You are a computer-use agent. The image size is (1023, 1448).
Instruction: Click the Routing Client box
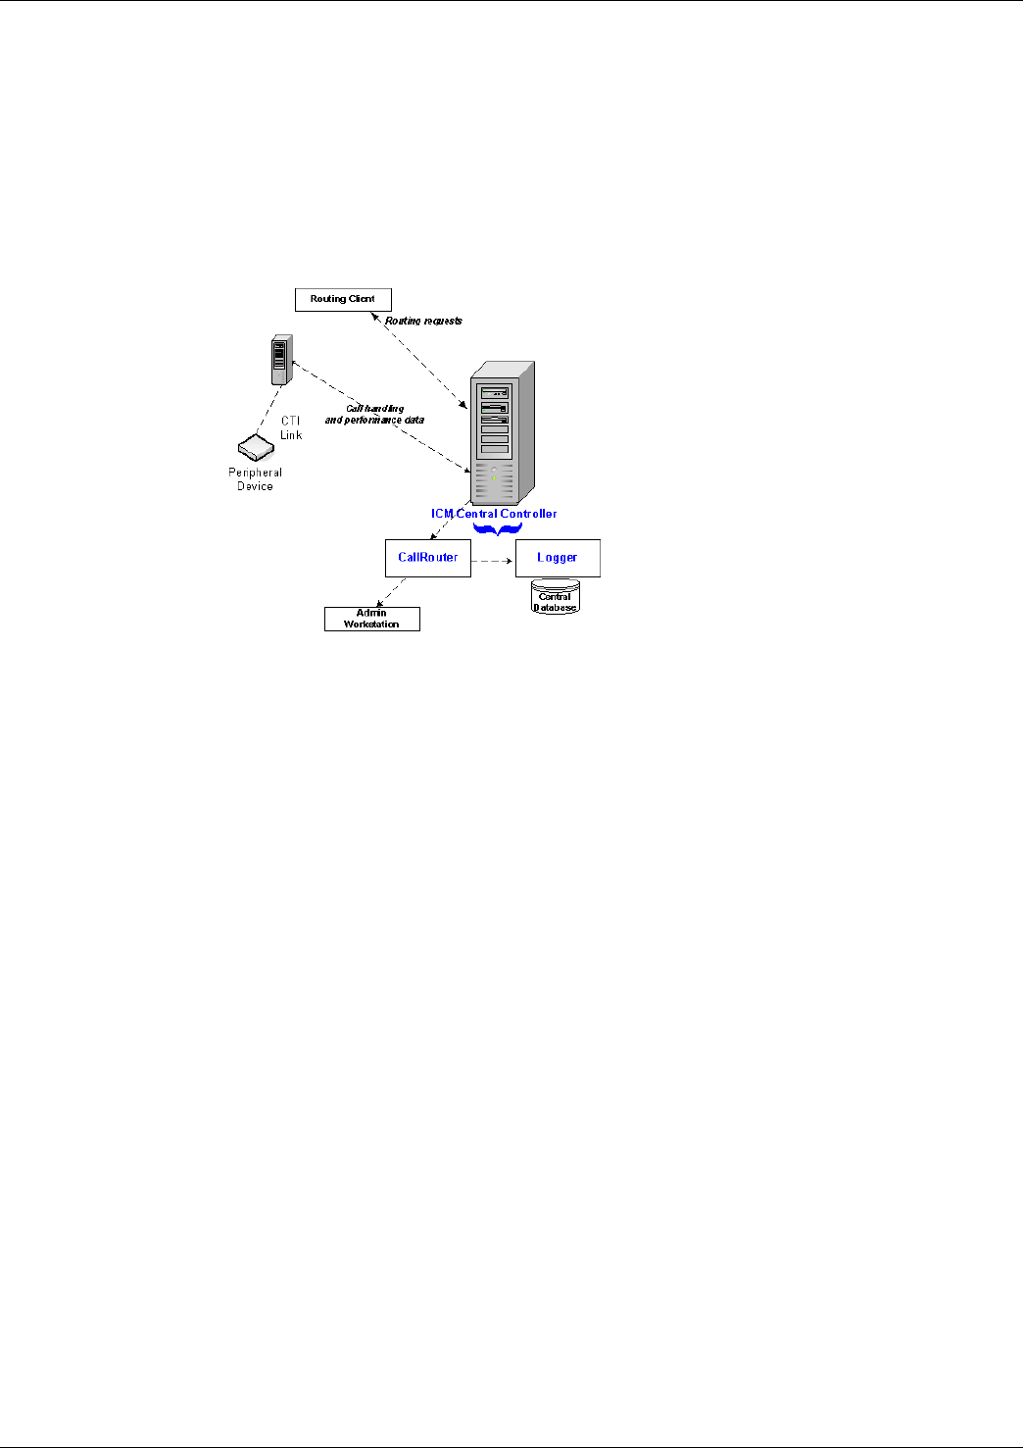tap(343, 299)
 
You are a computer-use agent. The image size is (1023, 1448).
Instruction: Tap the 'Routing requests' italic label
tap(423, 321)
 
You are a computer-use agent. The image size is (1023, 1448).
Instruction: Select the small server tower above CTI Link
tap(282, 360)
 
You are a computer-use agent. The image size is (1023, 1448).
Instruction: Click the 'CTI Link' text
tap(291, 428)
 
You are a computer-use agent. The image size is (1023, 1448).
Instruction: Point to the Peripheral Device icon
tap(256, 447)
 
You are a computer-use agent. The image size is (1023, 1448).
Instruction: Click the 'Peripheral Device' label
tap(256, 479)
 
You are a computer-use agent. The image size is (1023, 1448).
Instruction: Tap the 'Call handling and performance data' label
tap(375, 415)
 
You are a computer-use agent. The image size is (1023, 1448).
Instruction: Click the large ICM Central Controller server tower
tap(502, 432)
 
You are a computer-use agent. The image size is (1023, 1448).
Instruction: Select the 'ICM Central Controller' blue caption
tap(494, 514)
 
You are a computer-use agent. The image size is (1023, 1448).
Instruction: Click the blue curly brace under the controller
tap(498, 529)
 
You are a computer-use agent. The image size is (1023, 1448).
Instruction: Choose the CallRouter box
tap(428, 558)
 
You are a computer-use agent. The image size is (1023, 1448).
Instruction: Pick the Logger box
tap(558, 558)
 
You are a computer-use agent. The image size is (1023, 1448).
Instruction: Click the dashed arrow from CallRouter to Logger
tap(492, 561)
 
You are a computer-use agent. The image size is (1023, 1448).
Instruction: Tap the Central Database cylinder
tap(556, 596)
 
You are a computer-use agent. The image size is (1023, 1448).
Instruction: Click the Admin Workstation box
tap(372, 619)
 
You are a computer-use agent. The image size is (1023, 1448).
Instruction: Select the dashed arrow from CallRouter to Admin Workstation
tap(391, 591)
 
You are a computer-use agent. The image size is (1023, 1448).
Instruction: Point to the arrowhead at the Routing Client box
tap(375, 316)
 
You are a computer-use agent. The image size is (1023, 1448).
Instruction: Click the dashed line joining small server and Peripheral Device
tap(268, 409)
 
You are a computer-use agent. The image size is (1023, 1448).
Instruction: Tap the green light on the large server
tap(494, 477)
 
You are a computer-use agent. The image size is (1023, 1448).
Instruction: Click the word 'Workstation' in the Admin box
tap(371, 624)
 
